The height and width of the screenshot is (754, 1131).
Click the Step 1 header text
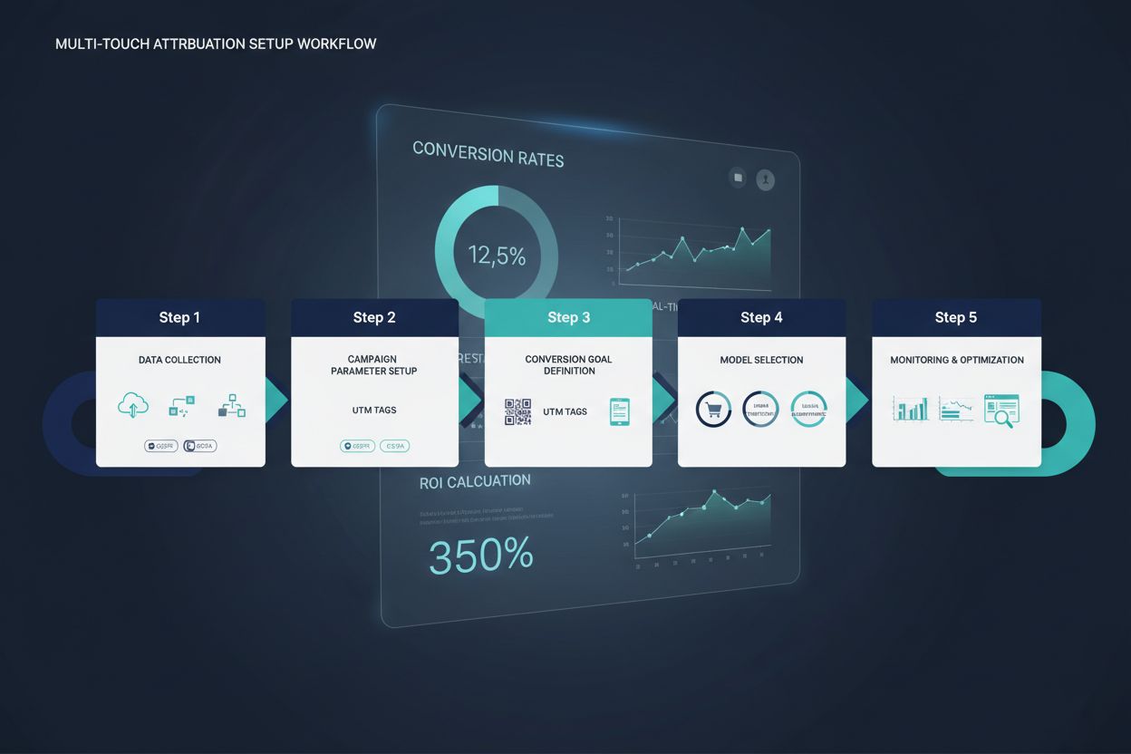pyautogui.click(x=179, y=317)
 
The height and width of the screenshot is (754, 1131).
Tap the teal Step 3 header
pyautogui.click(x=568, y=317)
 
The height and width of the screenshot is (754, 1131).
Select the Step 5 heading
pyautogui.click(x=956, y=317)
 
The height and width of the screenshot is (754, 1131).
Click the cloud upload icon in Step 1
pyautogui.click(x=133, y=406)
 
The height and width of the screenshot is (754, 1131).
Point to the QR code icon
pyautogui.click(x=517, y=411)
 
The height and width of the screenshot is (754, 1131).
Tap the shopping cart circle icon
pyautogui.click(x=713, y=410)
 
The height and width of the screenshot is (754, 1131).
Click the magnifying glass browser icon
pyautogui.click(x=1001, y=410)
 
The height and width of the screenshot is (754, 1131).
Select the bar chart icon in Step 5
pyautogui.click(x=911, y=409)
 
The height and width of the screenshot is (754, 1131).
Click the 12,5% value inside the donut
pyautogui.click(x=497, y=256)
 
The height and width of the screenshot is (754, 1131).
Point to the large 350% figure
pyautogui.click(x=480, y=555)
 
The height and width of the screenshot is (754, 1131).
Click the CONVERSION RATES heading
pyautogui.click(x=488, y=154)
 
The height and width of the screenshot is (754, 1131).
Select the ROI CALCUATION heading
pyautogui.click(x=475, y=482)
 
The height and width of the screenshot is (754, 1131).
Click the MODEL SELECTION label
pyautogui.click(x=761, y=360)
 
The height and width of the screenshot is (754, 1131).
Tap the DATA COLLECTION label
pyautogui.click(x=179, y=360)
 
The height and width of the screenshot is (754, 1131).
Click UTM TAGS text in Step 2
pyautogui.click(x=374, y=411)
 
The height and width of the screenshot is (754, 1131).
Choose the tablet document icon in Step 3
pyautogui.click(x=620, y=411)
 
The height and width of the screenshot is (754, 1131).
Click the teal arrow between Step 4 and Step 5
pyautogui.click(x=857, y=400)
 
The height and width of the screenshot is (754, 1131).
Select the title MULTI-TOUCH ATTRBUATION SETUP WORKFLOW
pyautogui.click(x=216, y=43)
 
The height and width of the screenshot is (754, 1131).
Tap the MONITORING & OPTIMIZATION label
pyautogui.click(x=957, y=360)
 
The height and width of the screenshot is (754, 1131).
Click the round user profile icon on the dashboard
pyautogui.click(x=766, y=179)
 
